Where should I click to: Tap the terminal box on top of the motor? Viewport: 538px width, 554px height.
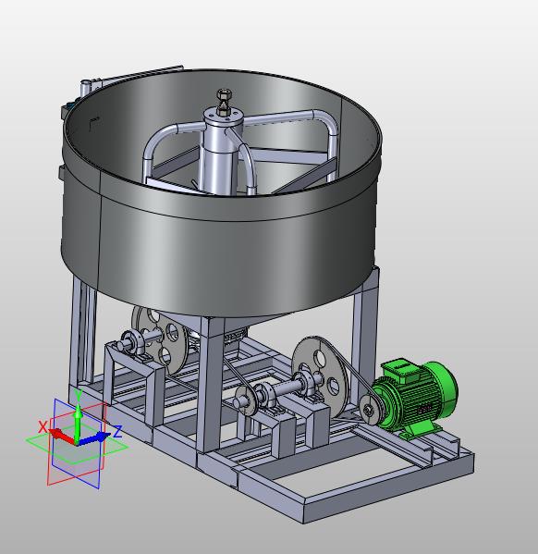[x=398, y=368]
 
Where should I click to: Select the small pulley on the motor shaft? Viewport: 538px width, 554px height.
[x=369, y=410]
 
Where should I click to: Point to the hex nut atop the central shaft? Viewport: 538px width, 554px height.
[x=224, y=94]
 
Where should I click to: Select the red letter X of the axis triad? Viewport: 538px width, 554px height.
[x=43, y=426]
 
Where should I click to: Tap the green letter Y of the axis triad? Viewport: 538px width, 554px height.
[x=79, y=394]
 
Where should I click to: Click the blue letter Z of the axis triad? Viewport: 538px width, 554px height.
[x=117, y=431]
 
